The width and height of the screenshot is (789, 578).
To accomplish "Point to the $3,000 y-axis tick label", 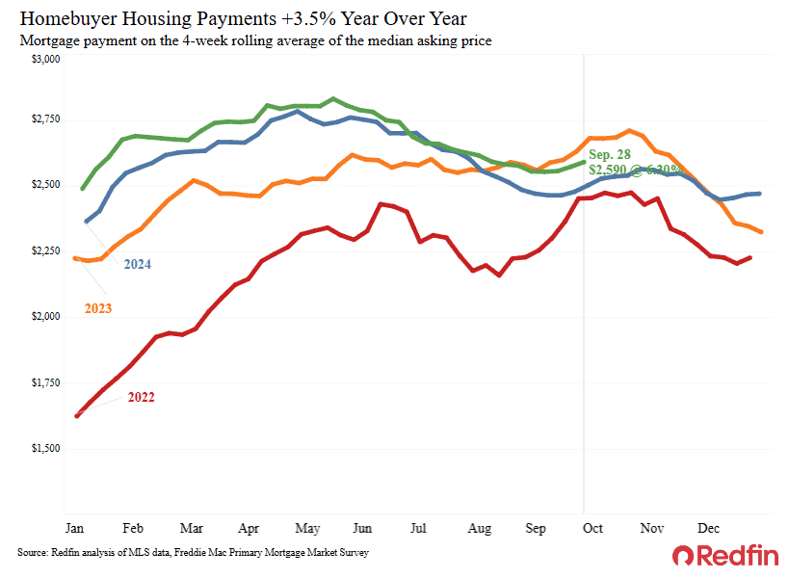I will tap(43, 60).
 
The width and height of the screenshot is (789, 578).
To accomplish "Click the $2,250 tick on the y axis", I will tap(43, 251).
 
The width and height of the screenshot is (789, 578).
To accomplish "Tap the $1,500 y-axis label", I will tap(43, 449).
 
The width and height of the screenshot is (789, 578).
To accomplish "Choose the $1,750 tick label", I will tap(43, 383).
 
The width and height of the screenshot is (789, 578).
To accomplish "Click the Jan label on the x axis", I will tap(74, 528).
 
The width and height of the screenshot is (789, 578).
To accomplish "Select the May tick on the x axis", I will tap(307, 528).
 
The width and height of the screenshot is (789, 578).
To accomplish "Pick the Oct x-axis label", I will tap(593, 528).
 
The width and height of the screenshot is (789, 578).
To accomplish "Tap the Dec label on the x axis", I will tap(709, 528).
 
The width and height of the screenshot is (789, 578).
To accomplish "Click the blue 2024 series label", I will tap(137, 264).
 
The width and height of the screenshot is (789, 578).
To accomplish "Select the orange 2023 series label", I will tap(97, 308).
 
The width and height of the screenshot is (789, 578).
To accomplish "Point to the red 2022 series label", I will tap(141, 397).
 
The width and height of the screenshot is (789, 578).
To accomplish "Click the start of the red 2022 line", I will tap(76, 416).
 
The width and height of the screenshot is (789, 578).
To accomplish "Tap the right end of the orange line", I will tap(763, 232).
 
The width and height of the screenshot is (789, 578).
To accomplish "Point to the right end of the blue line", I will tap(761, 194).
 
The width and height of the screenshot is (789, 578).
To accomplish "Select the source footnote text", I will tap(193, 553).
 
